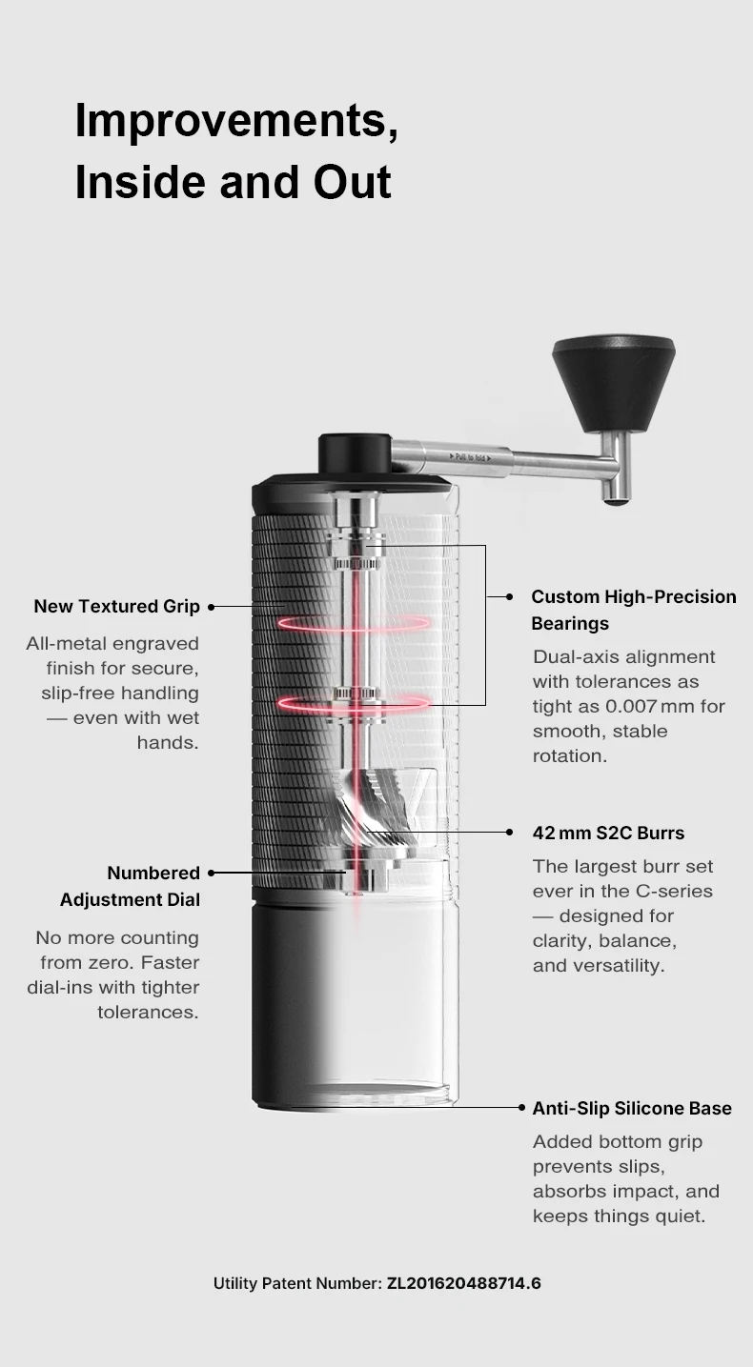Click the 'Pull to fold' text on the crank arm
click(470, 458)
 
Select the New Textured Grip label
click(116, 606)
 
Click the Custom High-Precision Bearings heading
click(633, 610)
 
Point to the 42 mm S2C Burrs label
click(608, 833)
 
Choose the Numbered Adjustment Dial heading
click(130, 886)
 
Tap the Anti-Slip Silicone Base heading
click(632, 1108)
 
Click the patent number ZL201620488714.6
click(463, 1283)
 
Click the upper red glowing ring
click(354, 623)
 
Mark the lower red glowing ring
click(354, 704)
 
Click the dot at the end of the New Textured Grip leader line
click(211, 606)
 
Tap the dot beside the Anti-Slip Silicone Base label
click(522, 1108)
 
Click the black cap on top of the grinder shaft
click(355, 453)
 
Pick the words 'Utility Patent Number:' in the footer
click(297, 1283)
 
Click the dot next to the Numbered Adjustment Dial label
click(211, 872)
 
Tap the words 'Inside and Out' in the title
click(233, 182)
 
